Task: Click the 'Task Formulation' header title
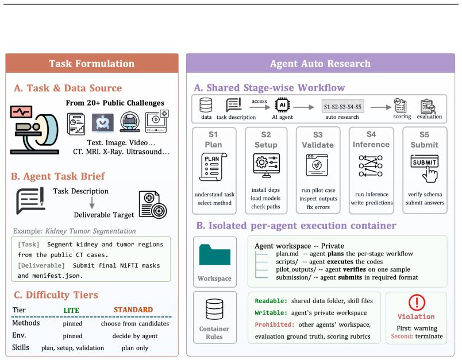(x=91, y=64)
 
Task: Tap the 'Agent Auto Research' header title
(x=320, y=64)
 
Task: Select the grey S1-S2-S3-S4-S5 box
(x=342, y=107)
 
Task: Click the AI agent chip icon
(x=282, y=105)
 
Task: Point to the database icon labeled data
(x=206, y=105)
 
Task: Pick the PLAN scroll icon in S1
(x=213, y=167)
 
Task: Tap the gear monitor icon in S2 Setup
(x=267, y=165)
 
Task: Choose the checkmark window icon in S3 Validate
(x=317, y=165)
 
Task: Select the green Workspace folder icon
(x=215, y=255)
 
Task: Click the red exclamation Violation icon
(x=417, y=303)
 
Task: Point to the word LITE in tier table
(x=71, y=310)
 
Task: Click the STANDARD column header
(x=133, y=309)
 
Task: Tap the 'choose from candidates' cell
(x=135, y=323)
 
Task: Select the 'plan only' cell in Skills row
(x=135, y=348)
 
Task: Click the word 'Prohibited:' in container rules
(x=275, y=324)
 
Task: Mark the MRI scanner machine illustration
(x=35, y=130)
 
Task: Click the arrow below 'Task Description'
(x=92, y=203)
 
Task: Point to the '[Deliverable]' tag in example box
(x=41, y=265)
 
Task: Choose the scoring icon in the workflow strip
(x=401, y=106)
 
